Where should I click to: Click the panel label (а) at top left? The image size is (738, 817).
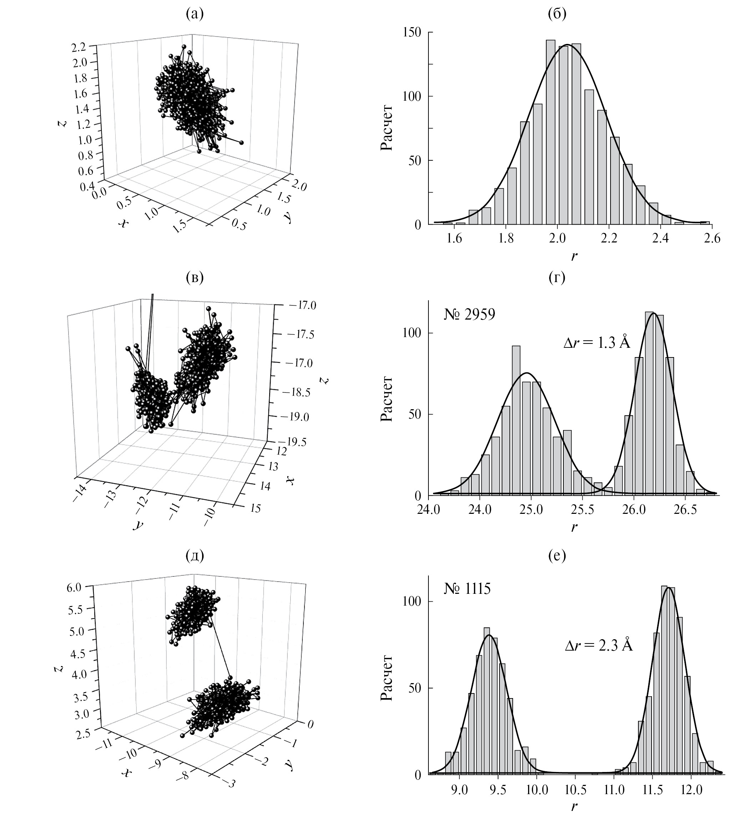click(x=194, y=15)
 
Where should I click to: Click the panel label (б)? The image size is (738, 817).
click(x=557, y=15)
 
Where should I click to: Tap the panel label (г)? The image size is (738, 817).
click(x=557, y=277)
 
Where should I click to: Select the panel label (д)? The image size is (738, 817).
click(x=194, y=556)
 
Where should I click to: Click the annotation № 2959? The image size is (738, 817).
click(x=469, y=315)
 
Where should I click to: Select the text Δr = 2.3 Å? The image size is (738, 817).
click(x=599, y=645)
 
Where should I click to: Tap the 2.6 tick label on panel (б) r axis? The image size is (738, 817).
click(x=712, y=239)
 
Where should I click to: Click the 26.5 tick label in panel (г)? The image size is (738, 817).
click(x=685, y=510)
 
